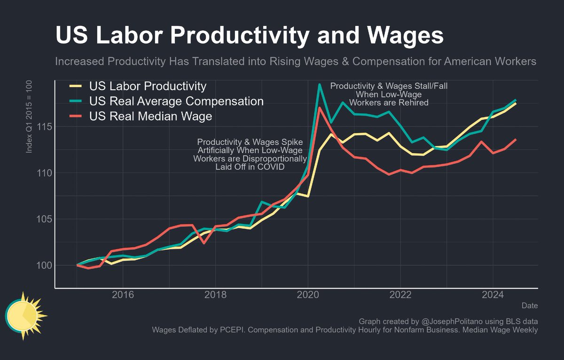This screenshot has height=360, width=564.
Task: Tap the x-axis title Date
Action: (x=530, y=306)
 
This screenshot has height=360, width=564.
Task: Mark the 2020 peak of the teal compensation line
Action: (x=320, y=85)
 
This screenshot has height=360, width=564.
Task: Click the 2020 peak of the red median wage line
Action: (x=320, y=108)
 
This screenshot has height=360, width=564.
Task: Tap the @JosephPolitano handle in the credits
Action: (x=451, y=321)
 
